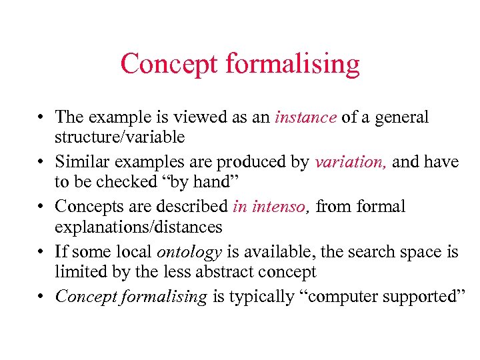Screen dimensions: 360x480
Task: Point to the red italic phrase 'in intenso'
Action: (272, 207)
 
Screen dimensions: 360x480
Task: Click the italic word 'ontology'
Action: (189, 252)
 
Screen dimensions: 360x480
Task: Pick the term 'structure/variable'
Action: (120, 138)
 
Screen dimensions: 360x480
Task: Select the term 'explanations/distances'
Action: (139, 227)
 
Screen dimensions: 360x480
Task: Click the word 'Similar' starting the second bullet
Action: (79, 162)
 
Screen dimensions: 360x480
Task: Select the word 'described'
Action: (197, 207)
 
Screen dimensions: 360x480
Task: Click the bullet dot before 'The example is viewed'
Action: (41, 119)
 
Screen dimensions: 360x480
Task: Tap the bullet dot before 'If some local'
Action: (41, 253)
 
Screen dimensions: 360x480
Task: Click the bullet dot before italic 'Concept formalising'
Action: (41, 297)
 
